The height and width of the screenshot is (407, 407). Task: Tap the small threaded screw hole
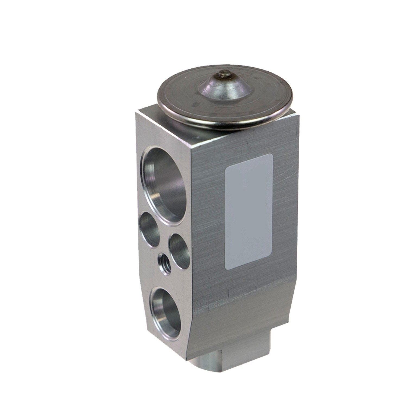click(164, 262)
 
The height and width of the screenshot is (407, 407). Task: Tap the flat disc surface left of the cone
click(179, 92)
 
